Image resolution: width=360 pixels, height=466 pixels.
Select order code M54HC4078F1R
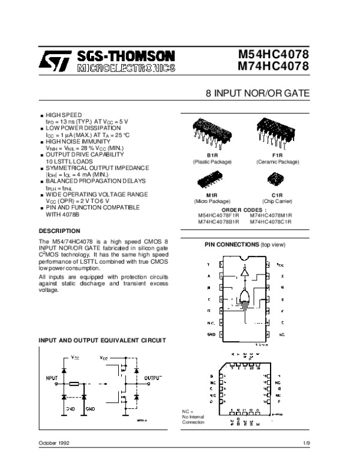point(218,216)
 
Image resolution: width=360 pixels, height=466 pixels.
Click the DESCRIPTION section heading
point(61,231)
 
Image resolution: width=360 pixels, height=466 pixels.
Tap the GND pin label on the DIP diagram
point(211,333)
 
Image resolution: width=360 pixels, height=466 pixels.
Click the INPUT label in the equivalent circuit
point(53,378)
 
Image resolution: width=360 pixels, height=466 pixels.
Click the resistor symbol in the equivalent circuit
point(75,383)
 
